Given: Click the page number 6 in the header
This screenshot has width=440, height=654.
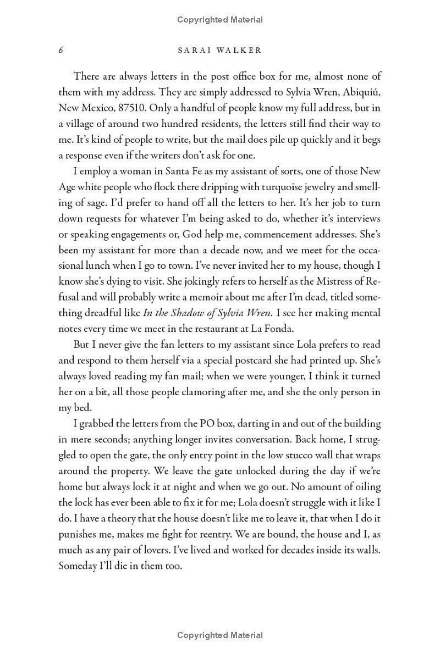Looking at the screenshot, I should click(61, 51).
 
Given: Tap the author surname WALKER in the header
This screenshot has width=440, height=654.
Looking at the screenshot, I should click(243, 51).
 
